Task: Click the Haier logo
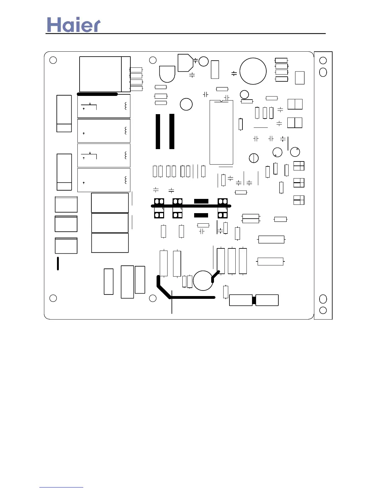74,25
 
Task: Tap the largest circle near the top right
253,71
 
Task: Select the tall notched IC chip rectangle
221,132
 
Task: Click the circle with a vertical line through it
254,158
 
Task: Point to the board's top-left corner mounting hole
53,60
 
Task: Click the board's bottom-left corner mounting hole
53,298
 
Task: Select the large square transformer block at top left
100,74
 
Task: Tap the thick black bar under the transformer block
97,94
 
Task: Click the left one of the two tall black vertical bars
158,131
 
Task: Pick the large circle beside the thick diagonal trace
203,281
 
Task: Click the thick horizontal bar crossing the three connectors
191,206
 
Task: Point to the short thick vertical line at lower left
58,264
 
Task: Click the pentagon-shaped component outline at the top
185,63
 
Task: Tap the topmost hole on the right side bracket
323,60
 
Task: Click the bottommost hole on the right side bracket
323,310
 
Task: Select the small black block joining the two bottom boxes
254,300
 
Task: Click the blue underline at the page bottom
61,487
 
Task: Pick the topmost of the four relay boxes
104,106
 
